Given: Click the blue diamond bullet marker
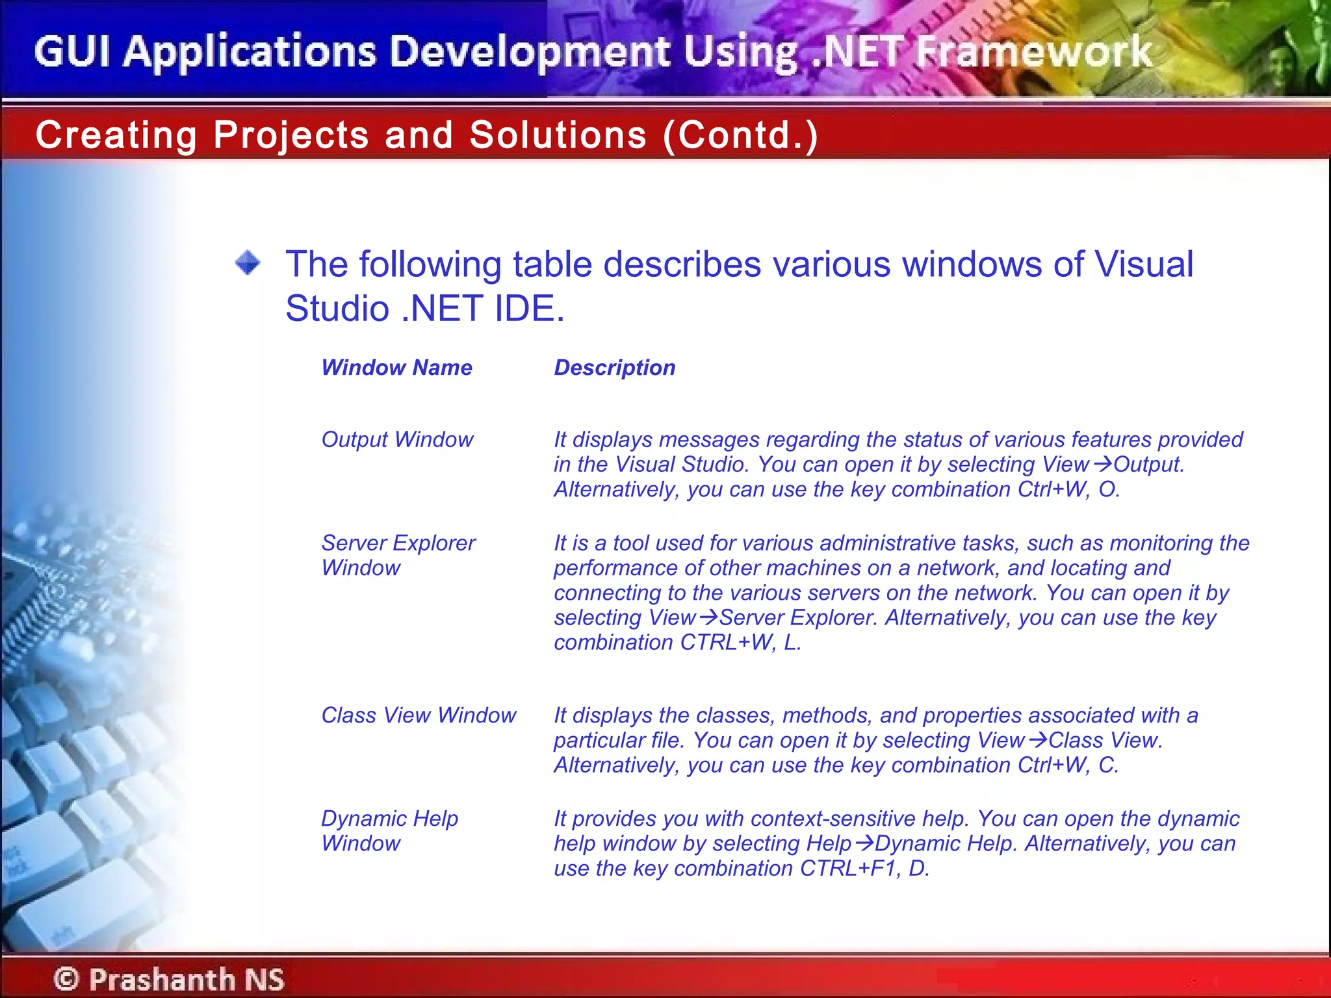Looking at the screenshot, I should click(x=248, y=263).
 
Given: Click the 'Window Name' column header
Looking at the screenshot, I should click(x=396, y=368).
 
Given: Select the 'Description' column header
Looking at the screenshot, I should click(x=614, y=368).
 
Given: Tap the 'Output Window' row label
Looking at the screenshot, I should click(x=397, y=440).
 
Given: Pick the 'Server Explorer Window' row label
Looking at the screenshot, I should click(x=398, y=556).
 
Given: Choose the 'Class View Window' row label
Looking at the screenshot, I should click(x=419, y=715).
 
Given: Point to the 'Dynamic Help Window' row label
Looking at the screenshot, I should click(x=389, y=831).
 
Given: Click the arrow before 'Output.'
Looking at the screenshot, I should click(x=1102, y=465).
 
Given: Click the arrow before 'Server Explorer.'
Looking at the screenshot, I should click(x=708, y=617).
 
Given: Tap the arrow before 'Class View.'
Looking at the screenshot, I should click(x=1037, y=740).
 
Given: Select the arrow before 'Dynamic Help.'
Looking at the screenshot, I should click(x=863, y=843).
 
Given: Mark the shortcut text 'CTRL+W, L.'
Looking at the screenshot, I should click(x=740, y=643).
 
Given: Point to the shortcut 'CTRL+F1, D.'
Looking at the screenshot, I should click(x=864, y=869).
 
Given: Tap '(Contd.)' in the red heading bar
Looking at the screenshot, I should click(x=740, y=135).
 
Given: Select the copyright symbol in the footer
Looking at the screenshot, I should click(x=66, y=979).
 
